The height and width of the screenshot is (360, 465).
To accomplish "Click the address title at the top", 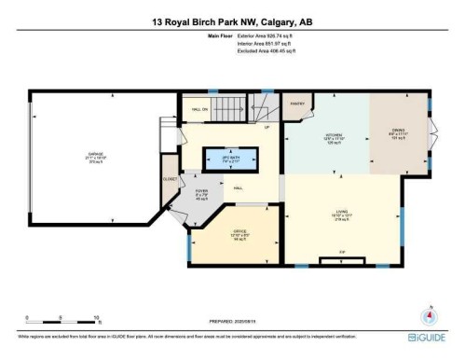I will pyautogui.click(x=232, y=20).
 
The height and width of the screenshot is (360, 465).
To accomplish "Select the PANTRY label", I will pyautogui.click(x=297, y=104).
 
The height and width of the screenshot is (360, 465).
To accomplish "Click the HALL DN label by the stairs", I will pyautogui.click(x=198, y=109).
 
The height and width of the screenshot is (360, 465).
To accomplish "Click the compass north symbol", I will pyautogui.click(x=431, y=314).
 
